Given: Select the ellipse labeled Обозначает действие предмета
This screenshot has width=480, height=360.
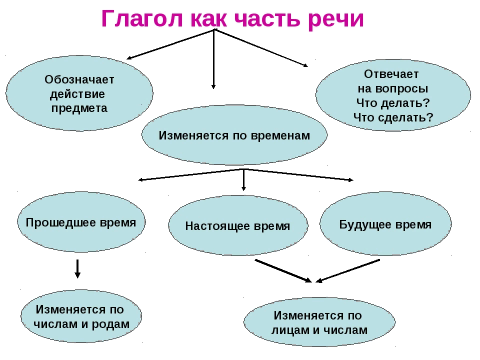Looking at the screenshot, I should [x=79, y=93].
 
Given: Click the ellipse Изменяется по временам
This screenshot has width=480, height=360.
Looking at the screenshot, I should [x=234, y=135].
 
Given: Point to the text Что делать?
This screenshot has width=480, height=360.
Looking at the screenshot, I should [x=393, y=102].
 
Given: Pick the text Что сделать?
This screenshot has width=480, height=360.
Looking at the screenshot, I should [x=393, y=117].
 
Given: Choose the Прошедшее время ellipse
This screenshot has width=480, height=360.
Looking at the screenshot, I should [x=80, y=222].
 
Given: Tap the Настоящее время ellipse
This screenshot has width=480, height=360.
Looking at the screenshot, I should [x=237, y=226].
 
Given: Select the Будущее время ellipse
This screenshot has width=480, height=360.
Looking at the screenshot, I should [x=385, y=224].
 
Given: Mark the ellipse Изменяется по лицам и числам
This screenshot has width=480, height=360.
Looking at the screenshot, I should [x=318, y=322].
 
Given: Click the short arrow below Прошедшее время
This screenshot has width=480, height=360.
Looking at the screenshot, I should [x=77, y=268].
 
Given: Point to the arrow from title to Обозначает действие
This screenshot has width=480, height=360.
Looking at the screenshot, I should [x=170, y=44].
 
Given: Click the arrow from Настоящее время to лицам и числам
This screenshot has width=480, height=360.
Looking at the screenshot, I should [x=282, y=270].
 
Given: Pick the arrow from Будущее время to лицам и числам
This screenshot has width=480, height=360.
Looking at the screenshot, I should [x=348, y=270].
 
